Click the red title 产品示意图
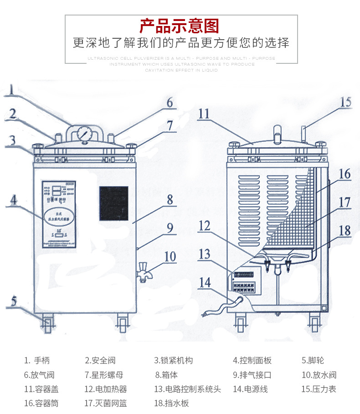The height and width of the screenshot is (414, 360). (180, 26)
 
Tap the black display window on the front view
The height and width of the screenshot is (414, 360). (114, 203)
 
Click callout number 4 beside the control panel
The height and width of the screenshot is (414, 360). (14, 200)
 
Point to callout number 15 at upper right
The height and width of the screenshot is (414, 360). (346, 102)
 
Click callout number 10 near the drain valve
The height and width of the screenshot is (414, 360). (170, 257)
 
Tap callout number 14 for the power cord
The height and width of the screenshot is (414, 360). (205, 283)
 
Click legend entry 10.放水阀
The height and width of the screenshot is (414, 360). (319, 375)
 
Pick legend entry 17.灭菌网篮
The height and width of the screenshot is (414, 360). (105, 403)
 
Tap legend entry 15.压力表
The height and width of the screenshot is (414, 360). (319, 389)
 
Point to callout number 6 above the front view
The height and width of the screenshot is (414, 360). (170, 102)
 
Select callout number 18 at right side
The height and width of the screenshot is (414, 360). (345, 230)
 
